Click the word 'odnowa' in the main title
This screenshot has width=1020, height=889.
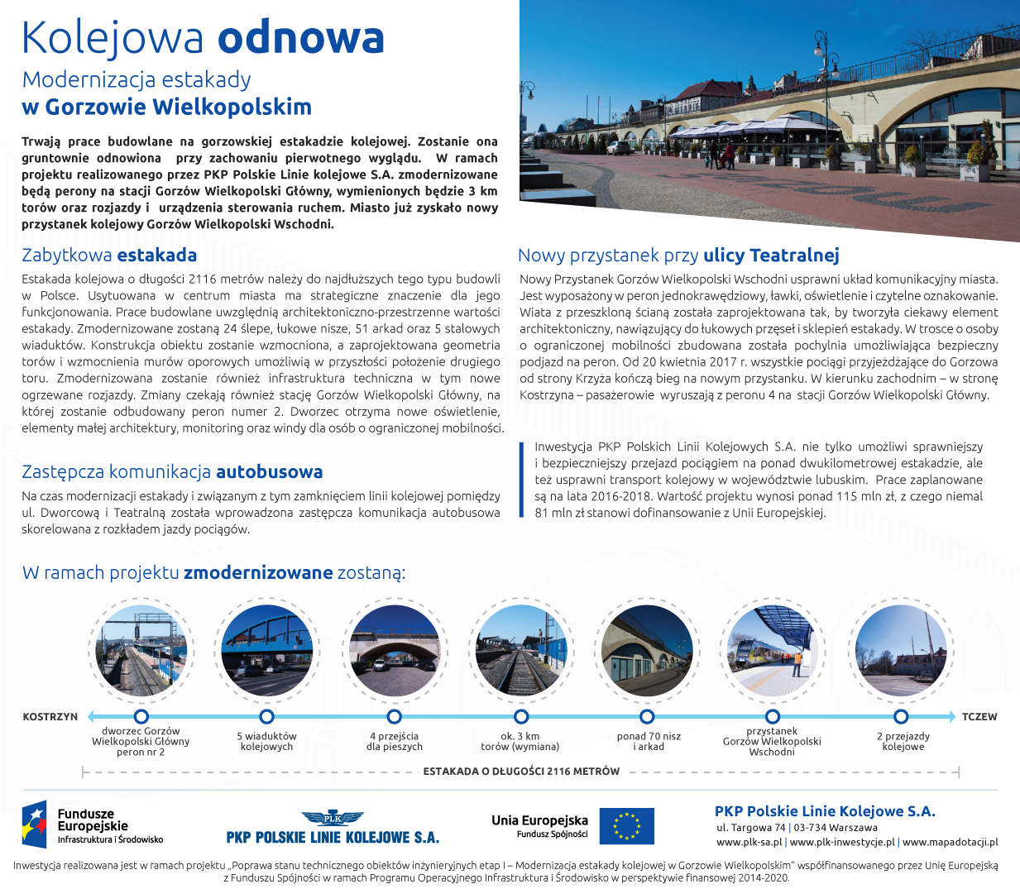[301, 38]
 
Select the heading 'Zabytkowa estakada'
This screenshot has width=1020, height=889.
[109, 256]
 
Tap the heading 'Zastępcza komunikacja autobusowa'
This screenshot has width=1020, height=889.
[172, 472]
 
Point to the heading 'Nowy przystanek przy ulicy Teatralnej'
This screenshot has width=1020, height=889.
[678, 256]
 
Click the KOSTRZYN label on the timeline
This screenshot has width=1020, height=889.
[50, 717]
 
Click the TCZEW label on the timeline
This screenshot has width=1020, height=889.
[979, 717]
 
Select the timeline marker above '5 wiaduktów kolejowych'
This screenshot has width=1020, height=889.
[266, 716]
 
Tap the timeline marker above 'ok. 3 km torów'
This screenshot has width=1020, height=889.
[520, 716]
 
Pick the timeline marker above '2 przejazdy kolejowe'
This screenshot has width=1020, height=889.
[901, 716]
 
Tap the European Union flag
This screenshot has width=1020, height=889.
[626, 826]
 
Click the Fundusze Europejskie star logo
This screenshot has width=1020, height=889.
[35, 824]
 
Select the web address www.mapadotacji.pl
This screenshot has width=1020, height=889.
[950, 843]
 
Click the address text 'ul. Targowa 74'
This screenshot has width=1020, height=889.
[750, 828]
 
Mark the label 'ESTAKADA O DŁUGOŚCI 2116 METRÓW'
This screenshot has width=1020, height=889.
[521, 772]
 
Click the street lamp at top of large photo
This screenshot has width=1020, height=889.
[821, 50]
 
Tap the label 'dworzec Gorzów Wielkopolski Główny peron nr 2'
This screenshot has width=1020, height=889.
[141, 742]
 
